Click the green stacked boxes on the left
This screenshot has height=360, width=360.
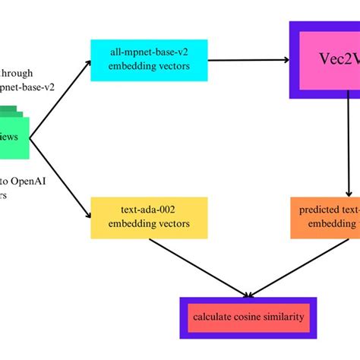14,137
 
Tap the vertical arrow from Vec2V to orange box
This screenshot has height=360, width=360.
349,152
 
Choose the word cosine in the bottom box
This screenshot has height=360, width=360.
248,316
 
